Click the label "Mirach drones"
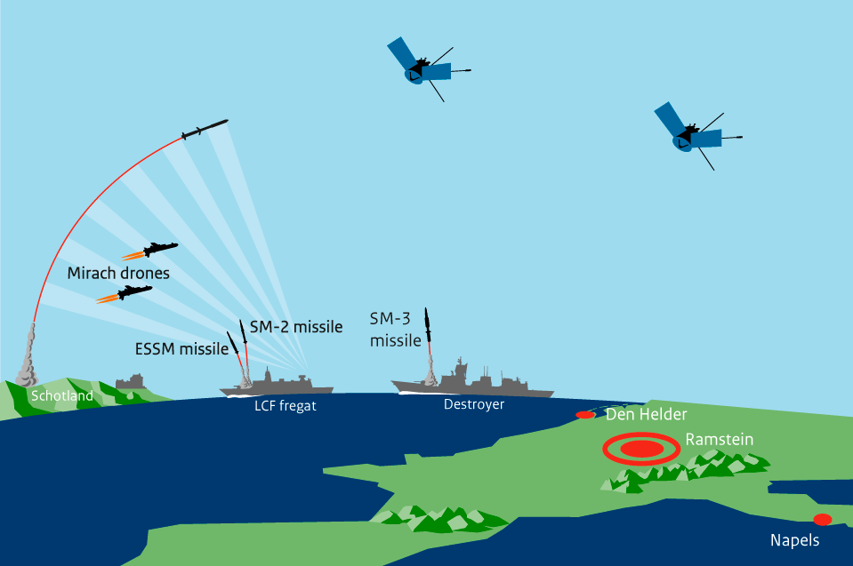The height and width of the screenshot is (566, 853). (x=118, y=273)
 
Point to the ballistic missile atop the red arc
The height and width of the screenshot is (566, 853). (x=205, y=131)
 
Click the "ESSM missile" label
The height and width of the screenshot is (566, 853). (x=181, y=349)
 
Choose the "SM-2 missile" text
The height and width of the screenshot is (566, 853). (x=295, y=327)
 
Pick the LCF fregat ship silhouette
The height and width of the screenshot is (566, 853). (x=277, y=385)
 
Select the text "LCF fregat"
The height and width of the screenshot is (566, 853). (x=280, y=406)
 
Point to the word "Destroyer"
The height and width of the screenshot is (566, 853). (x=473, y=404)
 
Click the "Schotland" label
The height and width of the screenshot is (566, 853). (x=62, y=395)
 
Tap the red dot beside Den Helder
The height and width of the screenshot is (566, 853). (x=585, y=415)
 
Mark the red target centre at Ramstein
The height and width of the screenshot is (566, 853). (x=640, y=449)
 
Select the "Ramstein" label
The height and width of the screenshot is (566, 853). (x=720, y=440)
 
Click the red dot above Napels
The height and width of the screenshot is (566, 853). (x=823, y=519)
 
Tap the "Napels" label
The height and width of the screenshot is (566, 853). (x=794, y=540)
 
